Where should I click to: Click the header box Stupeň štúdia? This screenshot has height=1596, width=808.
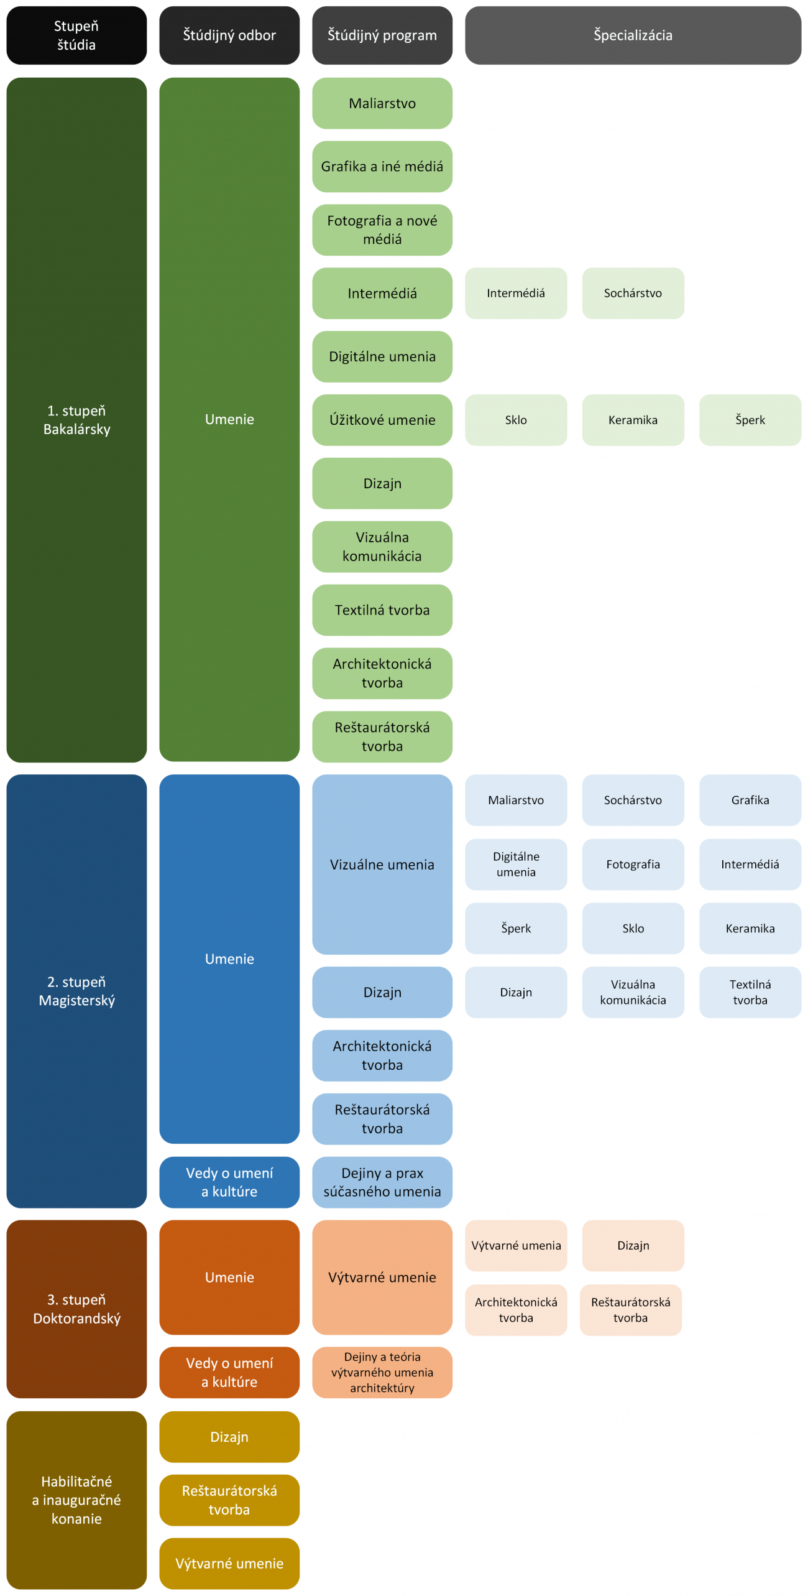pos(76,35)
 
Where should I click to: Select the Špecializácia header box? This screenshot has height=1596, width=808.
pos(633,35)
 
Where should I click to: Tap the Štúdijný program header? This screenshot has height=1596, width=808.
pos(382,35)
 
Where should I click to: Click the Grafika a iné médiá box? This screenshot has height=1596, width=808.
pos(382,167)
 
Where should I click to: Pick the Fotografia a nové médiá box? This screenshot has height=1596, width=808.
pos(382,230)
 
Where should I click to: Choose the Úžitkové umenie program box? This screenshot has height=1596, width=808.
pos(382,420)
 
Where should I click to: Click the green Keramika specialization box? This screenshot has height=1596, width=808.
pos(633,420)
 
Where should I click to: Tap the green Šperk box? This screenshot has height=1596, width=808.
pos(750,420)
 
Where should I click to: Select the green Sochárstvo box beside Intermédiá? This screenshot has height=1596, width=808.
pos(633,294)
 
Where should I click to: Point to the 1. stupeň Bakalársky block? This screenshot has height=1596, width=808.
pos(76,420)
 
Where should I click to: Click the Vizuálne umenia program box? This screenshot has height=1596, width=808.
pos(382,865)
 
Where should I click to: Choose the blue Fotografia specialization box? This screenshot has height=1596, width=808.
pos(633,865)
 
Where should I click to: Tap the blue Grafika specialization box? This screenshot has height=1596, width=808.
pos(750,800)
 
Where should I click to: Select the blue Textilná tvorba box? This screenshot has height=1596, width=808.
pos(750,992)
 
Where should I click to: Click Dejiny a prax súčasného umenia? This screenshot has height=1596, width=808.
pos(382,1182)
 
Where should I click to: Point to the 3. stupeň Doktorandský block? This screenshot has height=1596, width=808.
pos(76,1309)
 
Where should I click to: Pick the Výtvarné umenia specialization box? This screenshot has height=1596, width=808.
pos(516,1246)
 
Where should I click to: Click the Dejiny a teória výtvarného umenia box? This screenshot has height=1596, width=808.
pos(382,1373)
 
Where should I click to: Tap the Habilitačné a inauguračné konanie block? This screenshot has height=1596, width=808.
pos(76,1500)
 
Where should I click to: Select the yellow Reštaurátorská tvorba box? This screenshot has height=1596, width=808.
pos(229,1500)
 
